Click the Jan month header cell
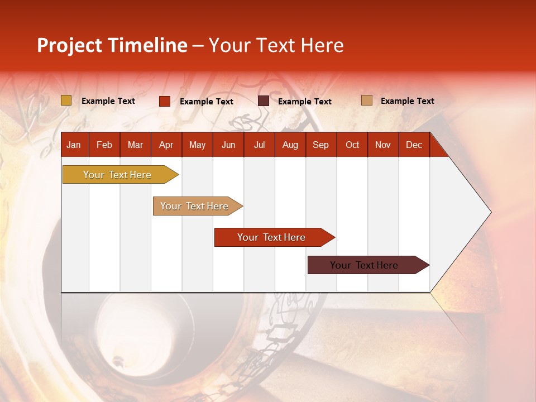pos(74,145)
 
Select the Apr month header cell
pos(166,145)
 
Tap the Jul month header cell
pos(259,145)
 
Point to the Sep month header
pos(320,145)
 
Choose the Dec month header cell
pos(414,145)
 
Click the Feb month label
pos(104,145)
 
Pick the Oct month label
pos(352,145)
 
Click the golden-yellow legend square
pos(66,100)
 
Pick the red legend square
pos(165,101)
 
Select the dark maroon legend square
pos(264,101)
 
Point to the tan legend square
pos(367,100)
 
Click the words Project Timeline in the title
pos(112,45)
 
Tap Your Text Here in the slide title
pos(276,45)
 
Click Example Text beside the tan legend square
pos(407,100)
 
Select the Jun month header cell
pos(228,145)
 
